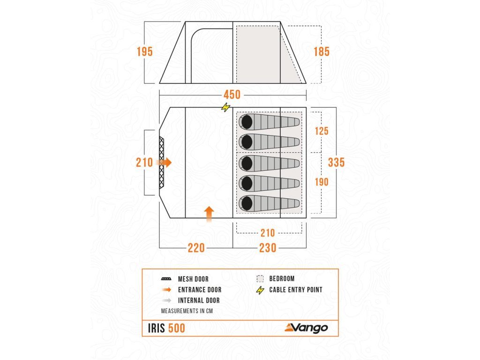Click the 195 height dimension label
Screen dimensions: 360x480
(145, 52)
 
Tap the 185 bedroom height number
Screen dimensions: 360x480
(322, 52)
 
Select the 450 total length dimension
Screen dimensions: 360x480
(231, 95)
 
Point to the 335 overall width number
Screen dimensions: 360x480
(336, 162)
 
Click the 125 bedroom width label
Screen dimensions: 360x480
(321, 131)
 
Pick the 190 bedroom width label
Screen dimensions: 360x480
(321, 182)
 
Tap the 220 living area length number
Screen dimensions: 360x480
(196, 248)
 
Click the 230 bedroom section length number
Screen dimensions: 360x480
(268, 248)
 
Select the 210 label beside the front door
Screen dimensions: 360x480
(144, 162)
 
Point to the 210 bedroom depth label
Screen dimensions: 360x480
(268, 232)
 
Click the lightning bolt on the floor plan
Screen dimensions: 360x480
(226, 107)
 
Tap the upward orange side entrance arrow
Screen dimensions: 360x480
(209, 213)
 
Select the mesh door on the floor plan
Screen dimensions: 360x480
(162, 162)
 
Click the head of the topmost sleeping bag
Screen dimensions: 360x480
(246, 122)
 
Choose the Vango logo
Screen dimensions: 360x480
(306, 328)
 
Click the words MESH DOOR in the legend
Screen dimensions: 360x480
(193, 279)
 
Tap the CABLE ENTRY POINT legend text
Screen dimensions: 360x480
(295, 290)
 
